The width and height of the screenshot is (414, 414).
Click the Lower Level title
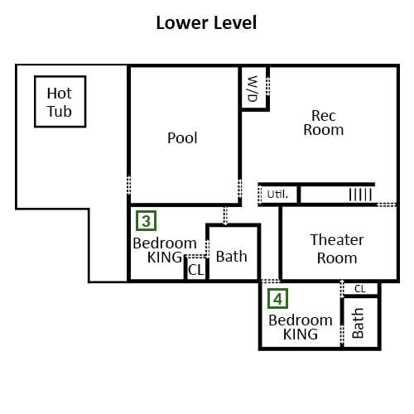pos(206,22)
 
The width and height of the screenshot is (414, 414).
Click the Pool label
pos(182,137)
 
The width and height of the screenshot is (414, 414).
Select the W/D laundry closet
pos(254,89)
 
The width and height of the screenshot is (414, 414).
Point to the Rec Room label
pos(324,123)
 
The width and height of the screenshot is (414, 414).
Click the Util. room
pos(279,195)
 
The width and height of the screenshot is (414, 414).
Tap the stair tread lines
pos(360,195)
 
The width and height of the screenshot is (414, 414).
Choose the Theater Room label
pos(337,249)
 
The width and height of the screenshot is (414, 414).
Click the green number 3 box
pos(146,221)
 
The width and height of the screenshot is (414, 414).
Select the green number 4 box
pos(277,299)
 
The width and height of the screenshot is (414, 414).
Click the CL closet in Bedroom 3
pos(196,269)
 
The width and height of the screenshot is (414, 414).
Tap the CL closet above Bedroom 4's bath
pos(360,289)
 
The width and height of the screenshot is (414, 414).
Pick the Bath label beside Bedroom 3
pos(231,257)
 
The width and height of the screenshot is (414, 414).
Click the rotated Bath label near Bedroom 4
pos(358,323)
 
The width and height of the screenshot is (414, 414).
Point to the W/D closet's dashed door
pos(267,86)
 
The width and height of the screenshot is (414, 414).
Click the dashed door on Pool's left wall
pos(128,185)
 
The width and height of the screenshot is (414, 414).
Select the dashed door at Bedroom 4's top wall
pos(271,282)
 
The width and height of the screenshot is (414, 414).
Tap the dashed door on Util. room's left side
pos(260,195)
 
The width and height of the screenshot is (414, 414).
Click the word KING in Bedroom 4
pos(301,335)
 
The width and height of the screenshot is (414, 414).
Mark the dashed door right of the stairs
pos(387,205)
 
